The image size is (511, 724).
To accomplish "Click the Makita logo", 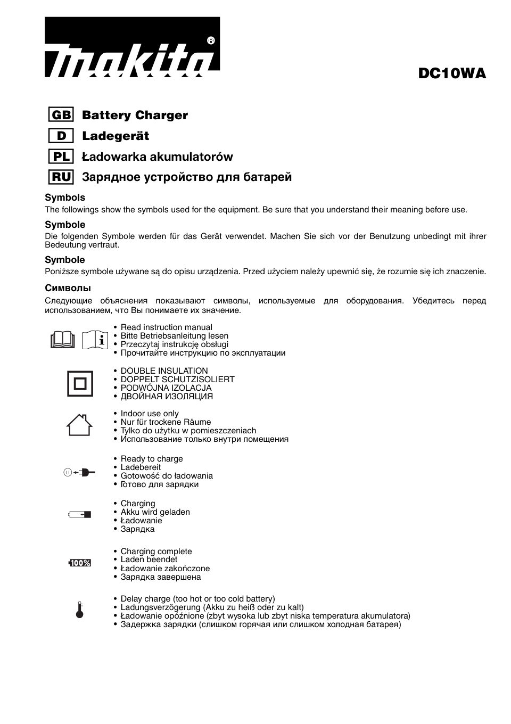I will point(131,48).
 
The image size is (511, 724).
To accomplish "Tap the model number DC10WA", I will point(452,73).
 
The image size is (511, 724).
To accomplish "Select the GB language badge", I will point(61,115).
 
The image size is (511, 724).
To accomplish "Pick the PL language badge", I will point(61,157).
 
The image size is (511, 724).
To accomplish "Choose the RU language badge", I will point(61,177).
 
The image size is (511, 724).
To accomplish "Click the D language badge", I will point(61,136).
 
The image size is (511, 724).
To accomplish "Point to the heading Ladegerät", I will point(116,136).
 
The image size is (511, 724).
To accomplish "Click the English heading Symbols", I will point(65,198).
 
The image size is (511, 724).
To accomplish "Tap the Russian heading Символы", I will point(68,288).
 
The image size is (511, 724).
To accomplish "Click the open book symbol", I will point(63,340).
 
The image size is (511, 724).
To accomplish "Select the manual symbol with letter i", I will point(96,340).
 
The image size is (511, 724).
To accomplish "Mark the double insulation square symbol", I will point(80,383).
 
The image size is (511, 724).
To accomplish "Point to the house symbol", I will point(79,425).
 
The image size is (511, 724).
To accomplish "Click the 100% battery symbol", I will point(80,563).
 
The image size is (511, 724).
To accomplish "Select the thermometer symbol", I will point(80,611).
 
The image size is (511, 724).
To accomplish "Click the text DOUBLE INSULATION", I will point(164,371).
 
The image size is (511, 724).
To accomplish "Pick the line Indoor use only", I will point(150,414).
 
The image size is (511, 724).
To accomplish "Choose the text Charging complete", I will point(156,552).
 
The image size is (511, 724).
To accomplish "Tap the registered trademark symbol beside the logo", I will point(210,41).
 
